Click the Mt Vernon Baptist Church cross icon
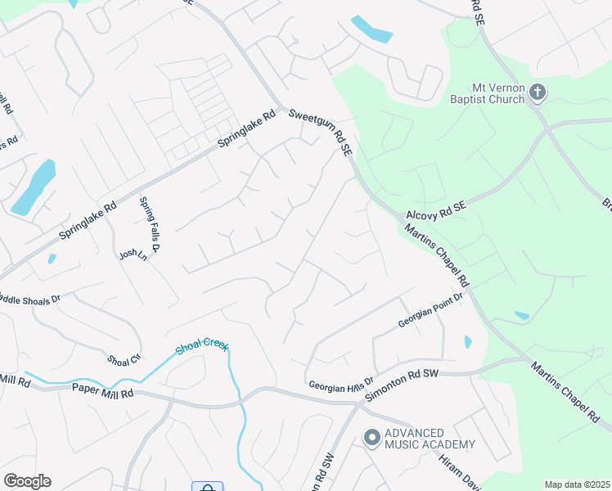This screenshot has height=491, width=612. pyautogui.click(x=537, y=92)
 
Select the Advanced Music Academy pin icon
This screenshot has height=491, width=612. pyautogui.click(x=371, y=439)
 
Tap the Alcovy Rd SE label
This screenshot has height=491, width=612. pyautogui.click(x=436, y=211)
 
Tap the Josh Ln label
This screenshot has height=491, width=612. pyautogui.click(x=132, y=255)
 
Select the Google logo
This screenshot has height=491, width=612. pyautogui.click(x=27, y=480)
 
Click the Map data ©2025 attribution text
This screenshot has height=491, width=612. pyautogui.click(x=577, y=484)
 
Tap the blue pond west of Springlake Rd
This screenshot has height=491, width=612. pyautogui.click(x=34, y=188)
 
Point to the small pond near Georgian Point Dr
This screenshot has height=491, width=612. pyautogui.click(x=467, y=341)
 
